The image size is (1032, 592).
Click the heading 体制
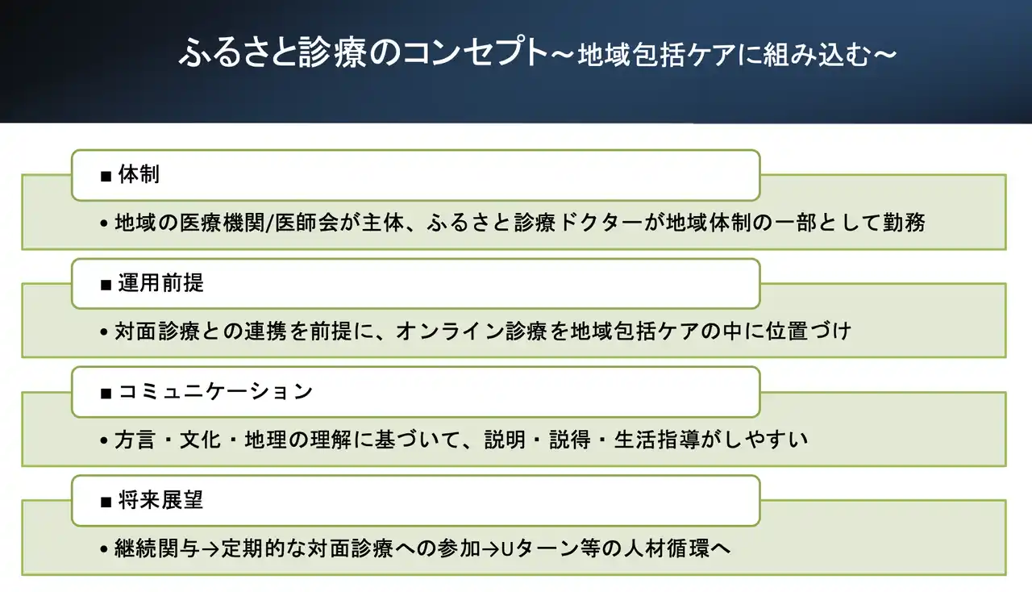pos(139,175)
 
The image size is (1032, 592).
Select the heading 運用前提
pos(161,284)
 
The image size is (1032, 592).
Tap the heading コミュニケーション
pos(215,392)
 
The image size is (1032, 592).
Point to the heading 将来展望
pos(161,501)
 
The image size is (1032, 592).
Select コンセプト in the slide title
pos(462,53)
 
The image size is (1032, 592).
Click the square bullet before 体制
pos(106,176)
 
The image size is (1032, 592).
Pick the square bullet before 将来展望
pos(106,502)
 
